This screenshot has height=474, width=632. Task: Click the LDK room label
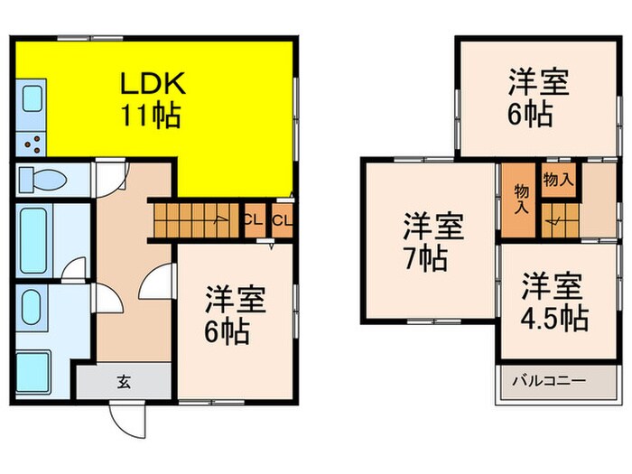(153, 84)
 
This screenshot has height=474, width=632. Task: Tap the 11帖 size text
(153, 115)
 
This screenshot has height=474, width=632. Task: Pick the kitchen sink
(31, 99)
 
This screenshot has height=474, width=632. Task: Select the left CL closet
(254, 218)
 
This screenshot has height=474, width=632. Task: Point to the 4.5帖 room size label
(553, 318)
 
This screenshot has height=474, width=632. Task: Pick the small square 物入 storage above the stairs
(558, 180)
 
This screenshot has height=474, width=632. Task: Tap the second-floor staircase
(560, 220)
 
